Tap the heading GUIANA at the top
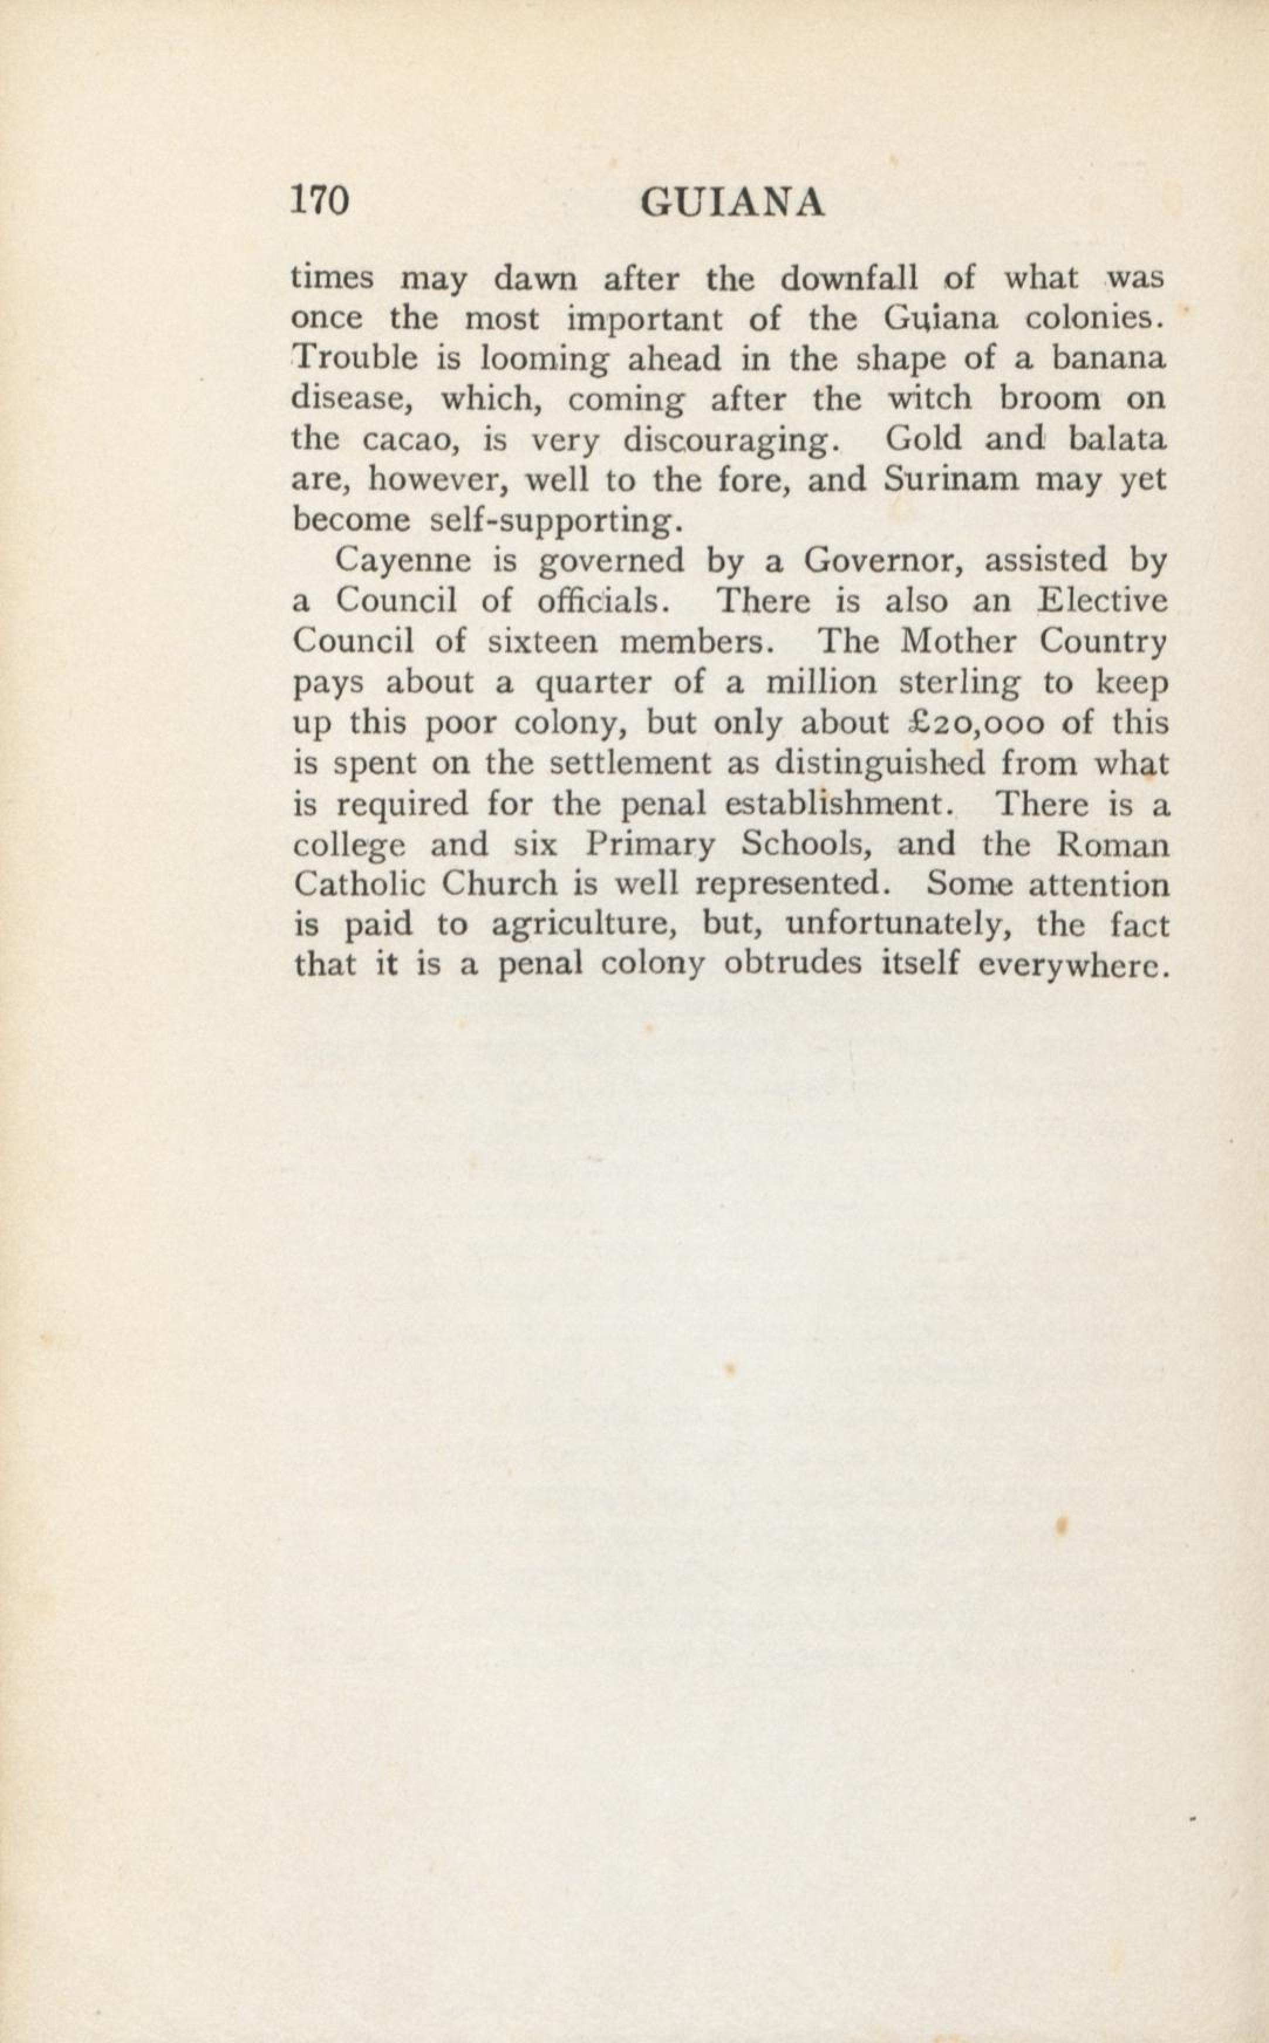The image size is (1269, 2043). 732,204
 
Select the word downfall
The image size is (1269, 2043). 850,279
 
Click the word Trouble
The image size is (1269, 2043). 354,359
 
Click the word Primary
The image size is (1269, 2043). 650,844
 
